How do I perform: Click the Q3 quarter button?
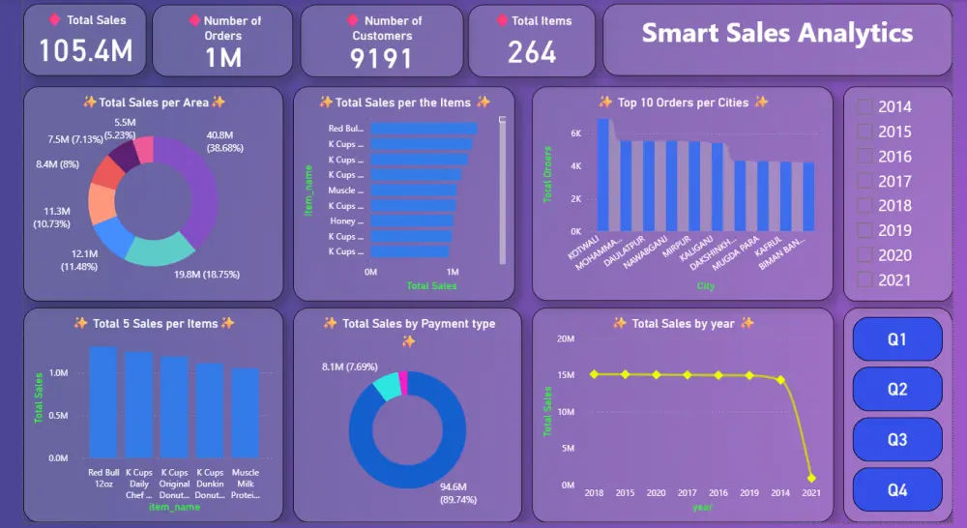(896, 440)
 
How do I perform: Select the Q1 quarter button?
(896, 339)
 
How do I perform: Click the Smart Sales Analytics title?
(777, 33)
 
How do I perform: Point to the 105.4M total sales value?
(85, 51)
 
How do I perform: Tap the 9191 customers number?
(381, 59)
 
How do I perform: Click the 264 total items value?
(532, 52)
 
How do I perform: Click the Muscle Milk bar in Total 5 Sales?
(245, 412)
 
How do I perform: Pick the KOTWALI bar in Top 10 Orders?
(603, 175)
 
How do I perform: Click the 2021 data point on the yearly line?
(811, 478)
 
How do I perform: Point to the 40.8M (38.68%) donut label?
(228, 141)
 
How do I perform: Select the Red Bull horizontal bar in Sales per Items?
(424, 129)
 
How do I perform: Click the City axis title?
(705, 285)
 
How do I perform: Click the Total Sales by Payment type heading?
(408, 324)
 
